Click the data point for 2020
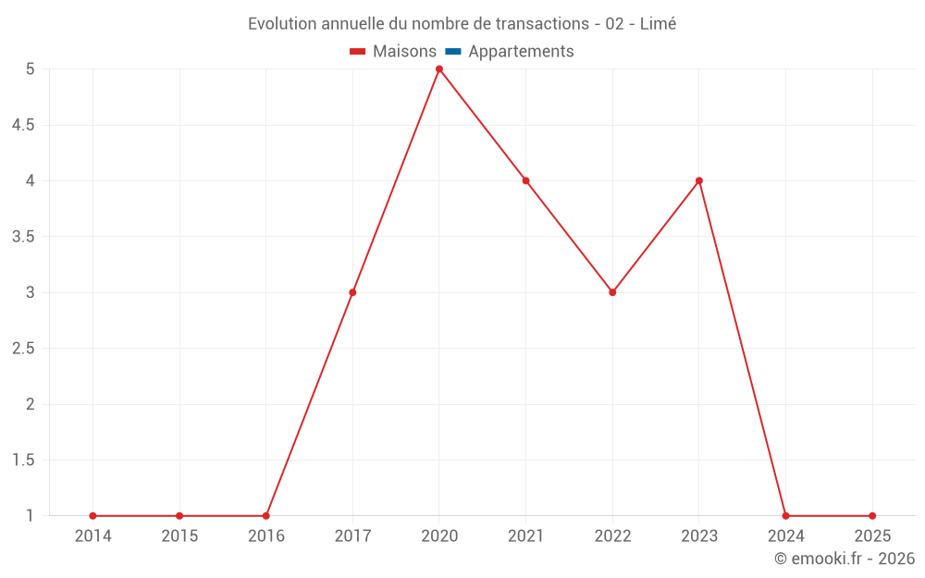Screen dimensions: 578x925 click(439, 69)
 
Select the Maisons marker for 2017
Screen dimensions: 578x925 click(352, 292)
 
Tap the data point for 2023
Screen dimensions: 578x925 click(699, 180)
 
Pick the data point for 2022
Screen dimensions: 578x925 click(612, 292)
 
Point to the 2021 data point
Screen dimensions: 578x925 click(525, 180)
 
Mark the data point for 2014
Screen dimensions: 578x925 click(92, 516)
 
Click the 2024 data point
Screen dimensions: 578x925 click(785, 516)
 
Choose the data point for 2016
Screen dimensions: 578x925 click(265, 516)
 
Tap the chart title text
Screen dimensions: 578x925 click(462, 24)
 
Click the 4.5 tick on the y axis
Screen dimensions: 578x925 click(23, 125)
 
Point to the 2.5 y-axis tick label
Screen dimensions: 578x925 click(23, 349)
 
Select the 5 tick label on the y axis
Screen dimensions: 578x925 click(31, 69)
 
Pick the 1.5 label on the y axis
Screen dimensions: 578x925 click(23, 461)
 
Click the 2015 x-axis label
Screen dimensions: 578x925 click(179, 536)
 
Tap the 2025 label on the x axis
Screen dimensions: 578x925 click(872, 536)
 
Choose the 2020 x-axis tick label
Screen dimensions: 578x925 click(439, 536)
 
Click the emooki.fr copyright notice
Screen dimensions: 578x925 click(845, 559)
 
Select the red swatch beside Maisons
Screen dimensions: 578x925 click(358, 52)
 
